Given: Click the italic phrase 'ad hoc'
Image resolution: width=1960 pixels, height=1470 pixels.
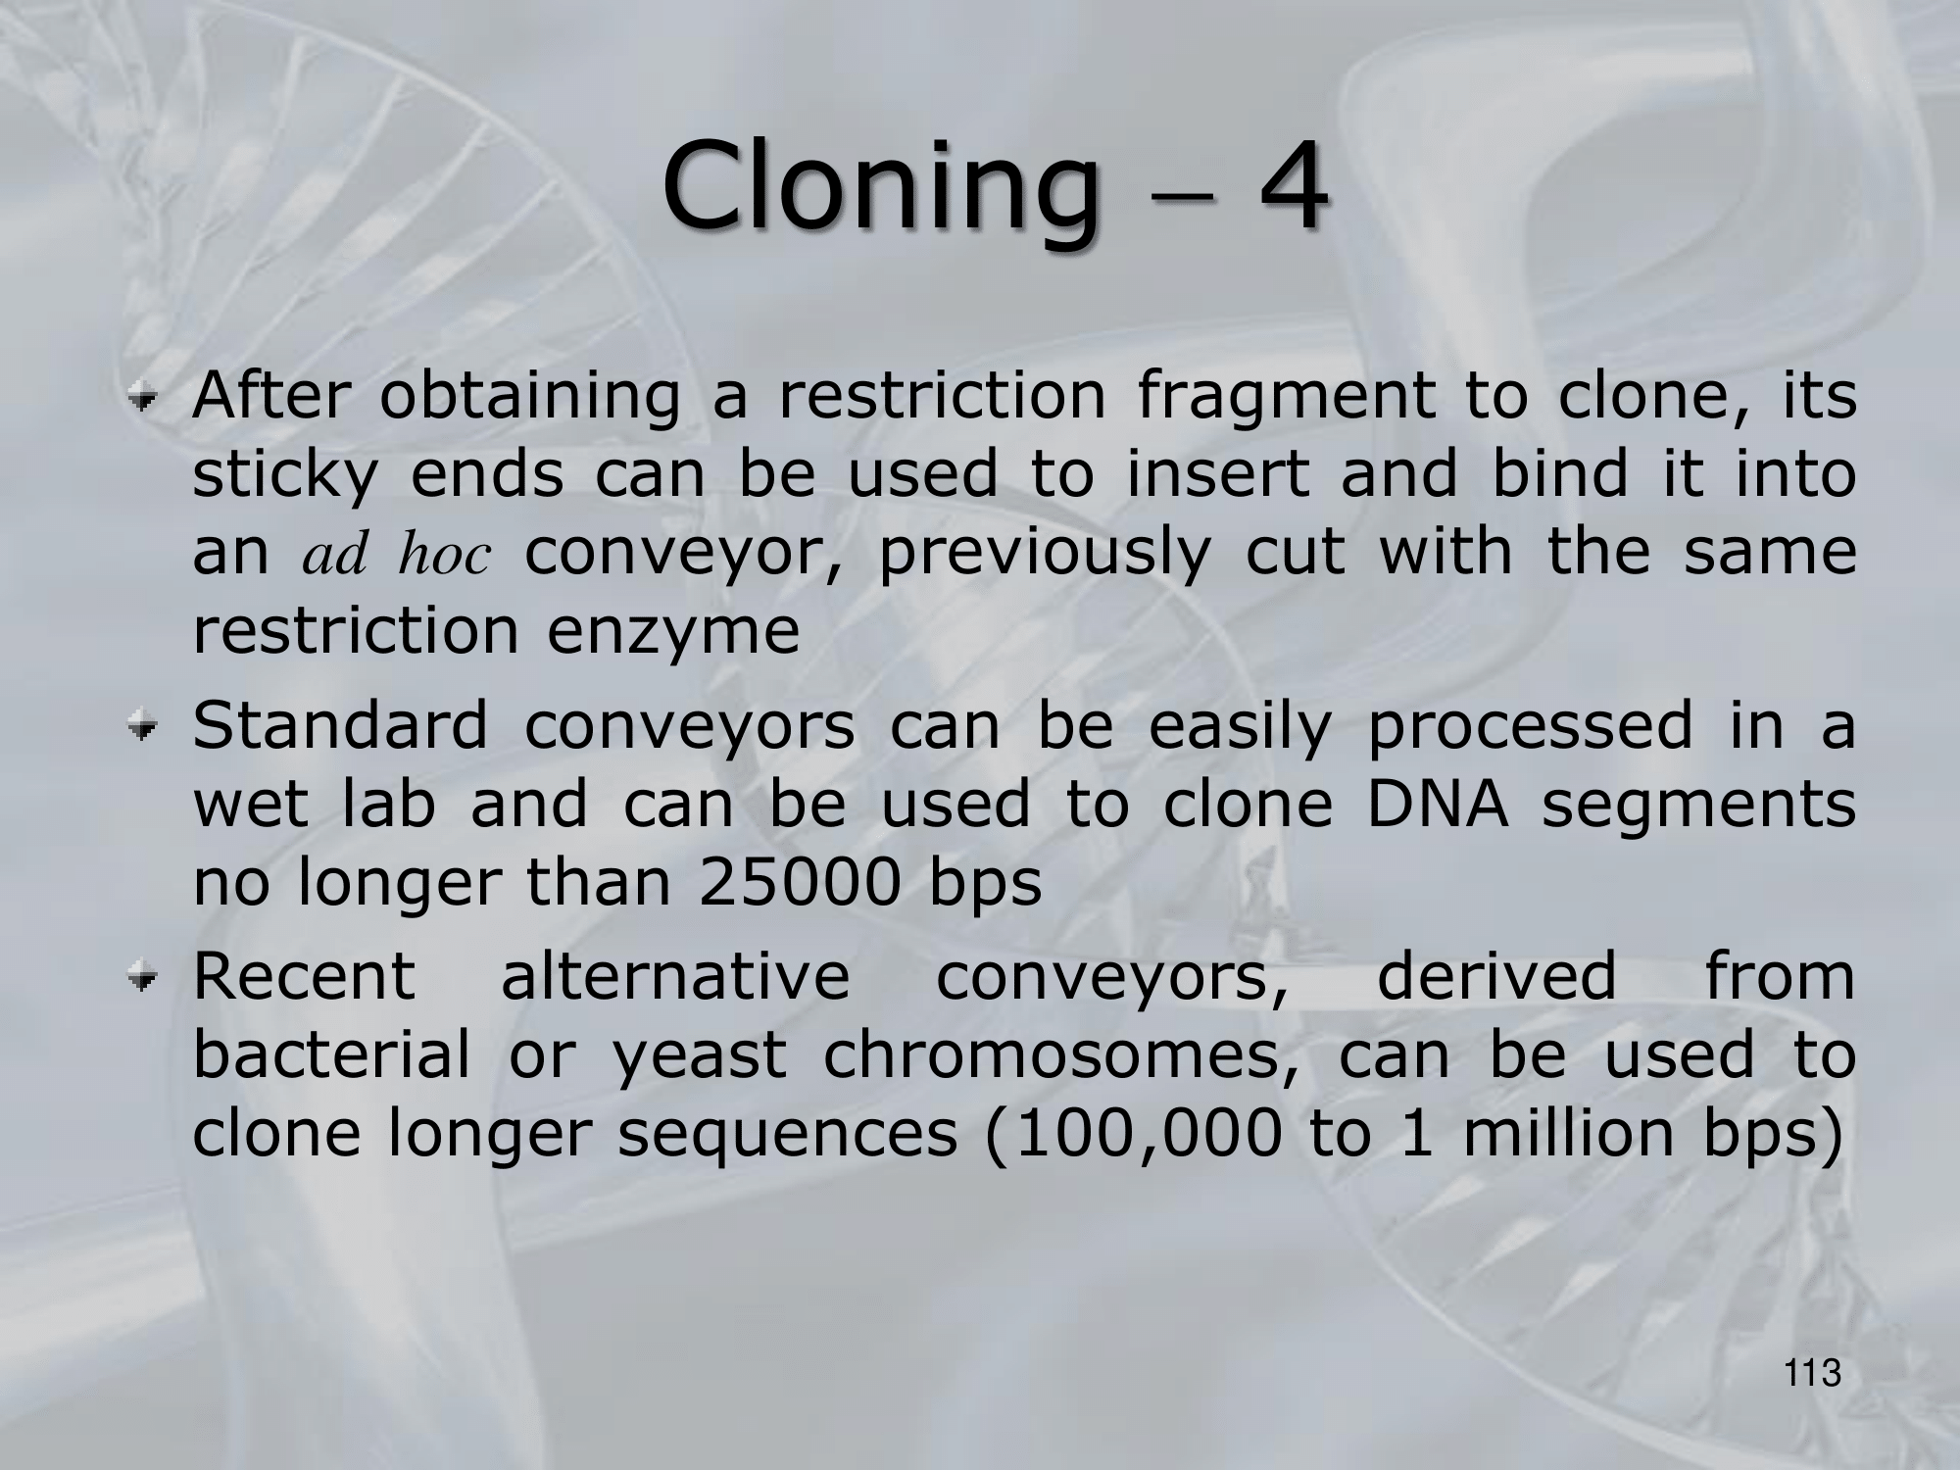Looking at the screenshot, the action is pos(396,555).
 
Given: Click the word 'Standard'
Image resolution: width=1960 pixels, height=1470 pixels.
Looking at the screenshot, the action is pos(340,726).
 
